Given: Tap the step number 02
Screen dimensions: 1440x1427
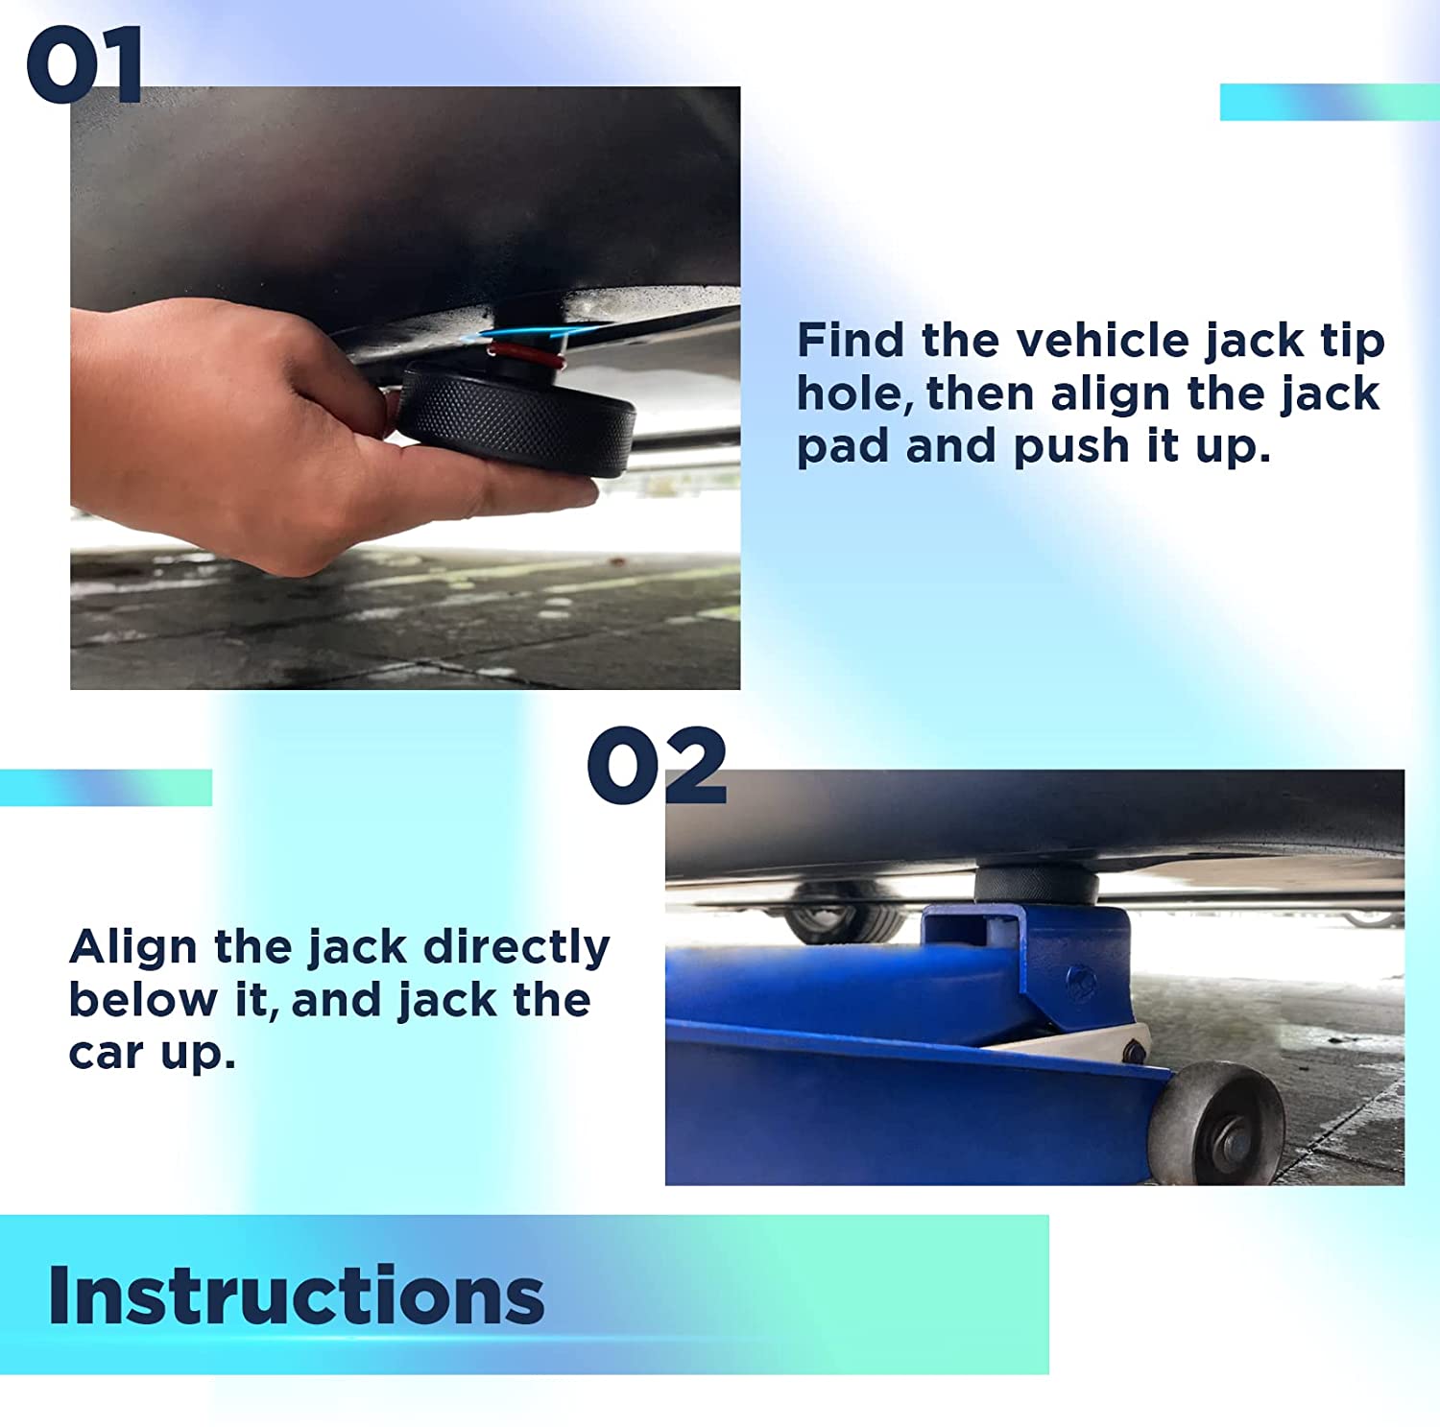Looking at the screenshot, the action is [658, 765].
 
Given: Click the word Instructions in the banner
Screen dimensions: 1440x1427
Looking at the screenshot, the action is [296, 1295].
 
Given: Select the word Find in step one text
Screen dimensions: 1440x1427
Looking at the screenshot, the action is [851, 340].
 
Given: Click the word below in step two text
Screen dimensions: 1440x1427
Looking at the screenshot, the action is [144, 1000].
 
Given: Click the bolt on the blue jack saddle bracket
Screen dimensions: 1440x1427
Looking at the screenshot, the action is [1082, 984].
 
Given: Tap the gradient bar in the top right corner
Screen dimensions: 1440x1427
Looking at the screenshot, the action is [1330, 102].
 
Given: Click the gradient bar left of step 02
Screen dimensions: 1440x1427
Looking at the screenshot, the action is [106, 787].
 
